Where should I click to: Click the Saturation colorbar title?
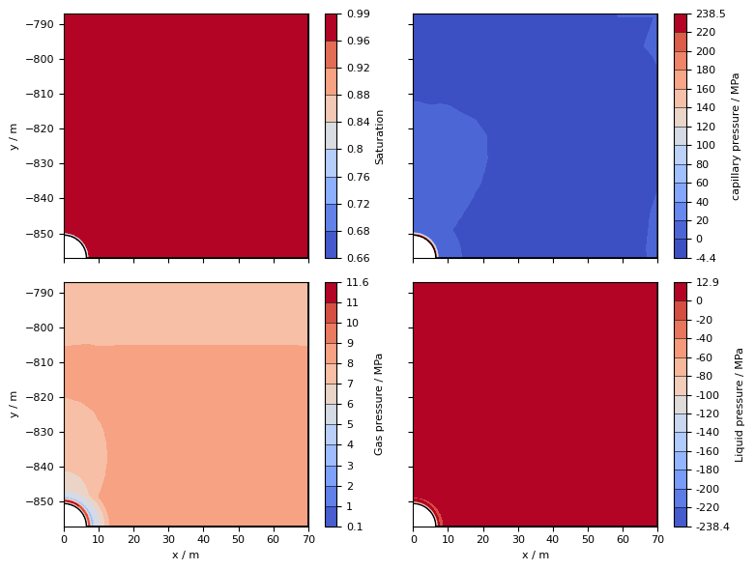(380, 136)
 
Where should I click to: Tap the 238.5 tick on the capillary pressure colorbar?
(711, 14)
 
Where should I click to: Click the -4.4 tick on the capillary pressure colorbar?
(707, 258)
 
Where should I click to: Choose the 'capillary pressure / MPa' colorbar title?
(736, 136)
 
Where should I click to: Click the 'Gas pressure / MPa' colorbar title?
(379, 404)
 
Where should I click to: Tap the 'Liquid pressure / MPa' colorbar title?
(740, 404)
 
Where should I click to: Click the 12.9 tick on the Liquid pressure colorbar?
(707, 283)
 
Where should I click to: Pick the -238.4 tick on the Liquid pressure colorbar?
(712, 527)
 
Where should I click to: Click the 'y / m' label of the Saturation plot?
(14, 136)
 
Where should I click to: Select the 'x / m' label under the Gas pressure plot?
(186, 555)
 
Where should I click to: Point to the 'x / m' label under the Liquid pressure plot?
(535, 555)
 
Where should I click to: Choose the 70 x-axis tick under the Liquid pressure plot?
(657, 540)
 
